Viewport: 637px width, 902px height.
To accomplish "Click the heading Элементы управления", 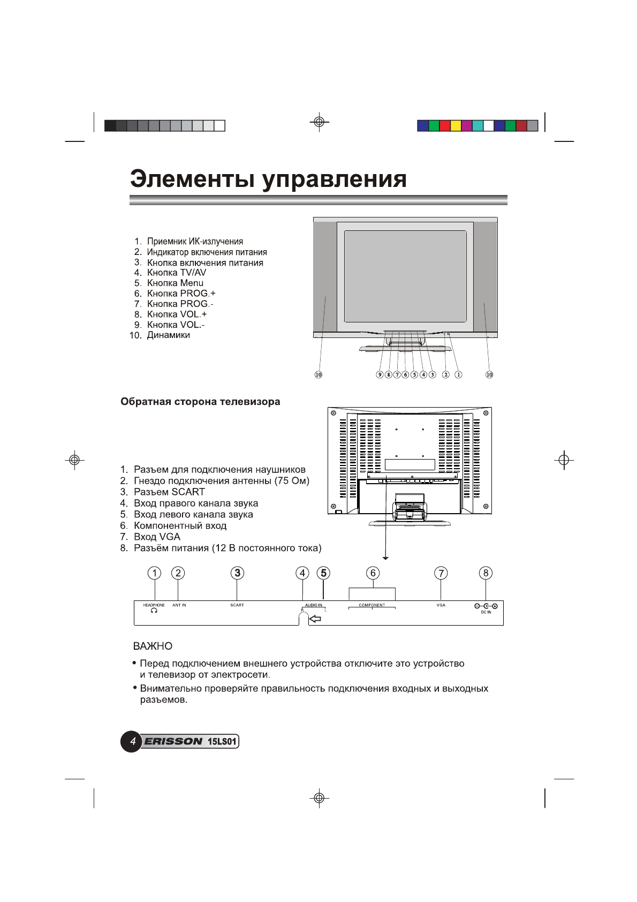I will [x=268, y=179].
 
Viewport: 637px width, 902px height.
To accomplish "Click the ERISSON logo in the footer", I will [x=173, y=742].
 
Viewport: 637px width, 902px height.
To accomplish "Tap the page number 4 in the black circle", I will [x=132, y=742].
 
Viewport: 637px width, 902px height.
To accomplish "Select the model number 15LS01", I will [x=222, y=742].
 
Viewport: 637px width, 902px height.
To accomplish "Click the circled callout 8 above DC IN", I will [x=486, y=573].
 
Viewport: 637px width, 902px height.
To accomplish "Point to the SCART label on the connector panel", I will [x=237, y=605].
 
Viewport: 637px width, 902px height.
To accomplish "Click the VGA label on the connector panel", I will [x=441, y=605].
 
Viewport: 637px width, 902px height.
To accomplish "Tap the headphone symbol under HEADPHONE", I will [x=154, y=611].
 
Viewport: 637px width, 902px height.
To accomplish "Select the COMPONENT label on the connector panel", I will [x=371, y=605].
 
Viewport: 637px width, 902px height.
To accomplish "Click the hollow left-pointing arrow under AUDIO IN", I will [x=315, y=619].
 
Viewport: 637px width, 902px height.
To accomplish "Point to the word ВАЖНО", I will [x=153, y=647].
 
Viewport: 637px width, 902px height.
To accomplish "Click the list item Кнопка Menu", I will [x=175, y=283].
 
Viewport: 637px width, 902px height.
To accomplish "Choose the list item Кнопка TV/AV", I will [x=176, y=273].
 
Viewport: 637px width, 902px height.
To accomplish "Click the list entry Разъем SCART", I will [x=169, y=492].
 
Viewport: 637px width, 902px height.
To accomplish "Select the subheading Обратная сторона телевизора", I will [x=200, y=402].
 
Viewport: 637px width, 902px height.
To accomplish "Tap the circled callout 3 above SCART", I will [x=237, y=573].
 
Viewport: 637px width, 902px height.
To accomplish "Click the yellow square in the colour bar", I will [x=456, y=126].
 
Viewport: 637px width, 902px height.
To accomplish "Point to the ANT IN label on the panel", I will [x=179, y=605].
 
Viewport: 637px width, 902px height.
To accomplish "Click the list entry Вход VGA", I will [x=157, y=537].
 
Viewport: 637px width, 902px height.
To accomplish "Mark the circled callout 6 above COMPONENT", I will [x=373, y=573].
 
